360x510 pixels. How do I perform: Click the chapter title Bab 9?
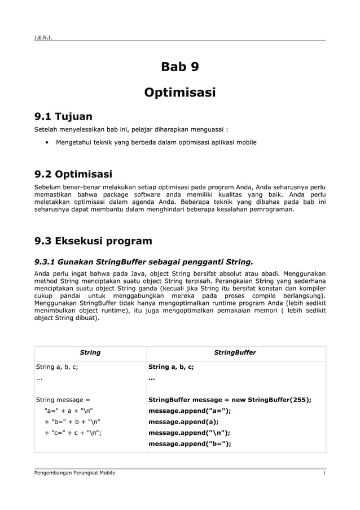(180, 67)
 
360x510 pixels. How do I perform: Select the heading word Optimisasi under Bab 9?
(180, 92)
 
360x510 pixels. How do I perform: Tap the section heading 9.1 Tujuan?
(64, 117)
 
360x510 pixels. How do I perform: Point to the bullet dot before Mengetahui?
(46, 143)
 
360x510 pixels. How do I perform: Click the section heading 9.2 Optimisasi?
(73, 173)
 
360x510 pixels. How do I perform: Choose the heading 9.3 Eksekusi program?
(93, 241)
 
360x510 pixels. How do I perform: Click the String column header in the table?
(90, 352)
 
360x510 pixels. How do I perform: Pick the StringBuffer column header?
(236, 352)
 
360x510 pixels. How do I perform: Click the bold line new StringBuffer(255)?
(230, 400)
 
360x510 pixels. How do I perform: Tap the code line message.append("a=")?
(190, 411)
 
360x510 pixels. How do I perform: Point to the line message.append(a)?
(183, 421)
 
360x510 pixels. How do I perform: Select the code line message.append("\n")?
(189, 433)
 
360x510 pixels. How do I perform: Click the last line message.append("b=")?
(190, 443)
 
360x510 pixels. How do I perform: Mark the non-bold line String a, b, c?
(57, 367)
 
